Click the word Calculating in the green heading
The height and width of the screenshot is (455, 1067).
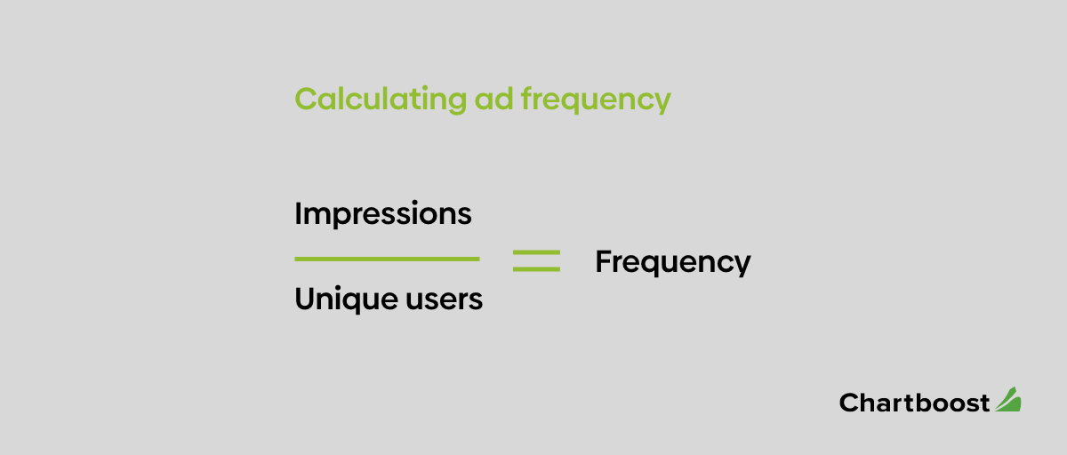click(381, 100)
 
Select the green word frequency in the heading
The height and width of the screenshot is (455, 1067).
click(596, 100)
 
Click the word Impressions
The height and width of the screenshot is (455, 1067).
click(383, 213)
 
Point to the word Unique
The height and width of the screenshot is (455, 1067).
click(347, 299)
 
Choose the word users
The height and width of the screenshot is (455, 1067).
click(444, 299)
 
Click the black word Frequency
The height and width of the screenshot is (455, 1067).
click(672, 262)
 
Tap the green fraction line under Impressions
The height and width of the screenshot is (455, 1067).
click(387, 259)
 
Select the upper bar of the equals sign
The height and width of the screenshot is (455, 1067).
click(536, 252)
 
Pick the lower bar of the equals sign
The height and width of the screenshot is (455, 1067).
click(536, 269)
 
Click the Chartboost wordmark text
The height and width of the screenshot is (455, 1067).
click(914, 403)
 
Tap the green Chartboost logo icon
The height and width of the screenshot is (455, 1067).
click(1008, 399)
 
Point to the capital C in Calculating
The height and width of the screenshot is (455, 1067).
click(306, 99)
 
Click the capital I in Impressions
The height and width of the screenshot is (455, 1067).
click(298, 213)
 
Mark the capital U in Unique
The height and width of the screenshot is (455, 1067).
click(305, 299)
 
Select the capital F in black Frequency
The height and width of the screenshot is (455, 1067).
click(604, 261)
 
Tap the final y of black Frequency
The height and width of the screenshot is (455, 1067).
click(742, 266)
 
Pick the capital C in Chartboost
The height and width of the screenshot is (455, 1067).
click(849, 403)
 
